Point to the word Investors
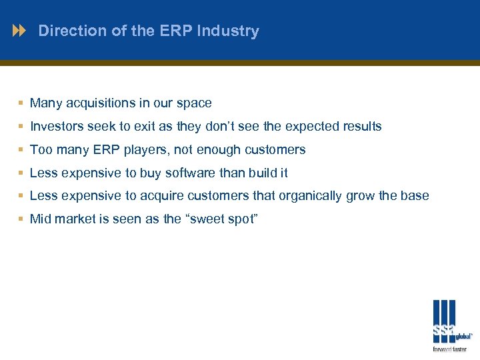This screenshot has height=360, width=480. pyautogui.click(x=57, y=127)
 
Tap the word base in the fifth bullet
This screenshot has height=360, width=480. pyautogui.click(x=415, y=196)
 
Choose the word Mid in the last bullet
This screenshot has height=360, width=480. pyautogui.click(x=41, y=219)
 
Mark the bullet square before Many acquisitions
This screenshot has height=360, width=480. pyautogui.click(x=21, y=103)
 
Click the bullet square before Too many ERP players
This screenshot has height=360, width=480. pyautogui.click(x=21, y=150)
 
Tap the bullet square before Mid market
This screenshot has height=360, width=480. pyautogui.click(x=21, y=219)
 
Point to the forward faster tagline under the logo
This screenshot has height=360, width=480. pyautogui.click(x=450, y=349)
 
